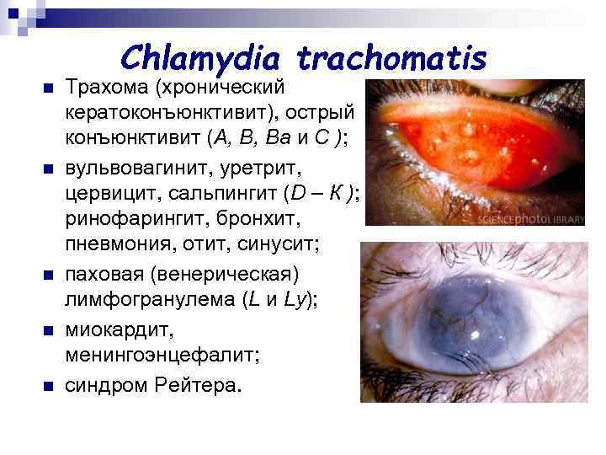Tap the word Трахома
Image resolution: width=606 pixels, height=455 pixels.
[x=106, y=88]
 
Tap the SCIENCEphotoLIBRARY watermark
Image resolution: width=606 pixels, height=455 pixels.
[x=530, y=218]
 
